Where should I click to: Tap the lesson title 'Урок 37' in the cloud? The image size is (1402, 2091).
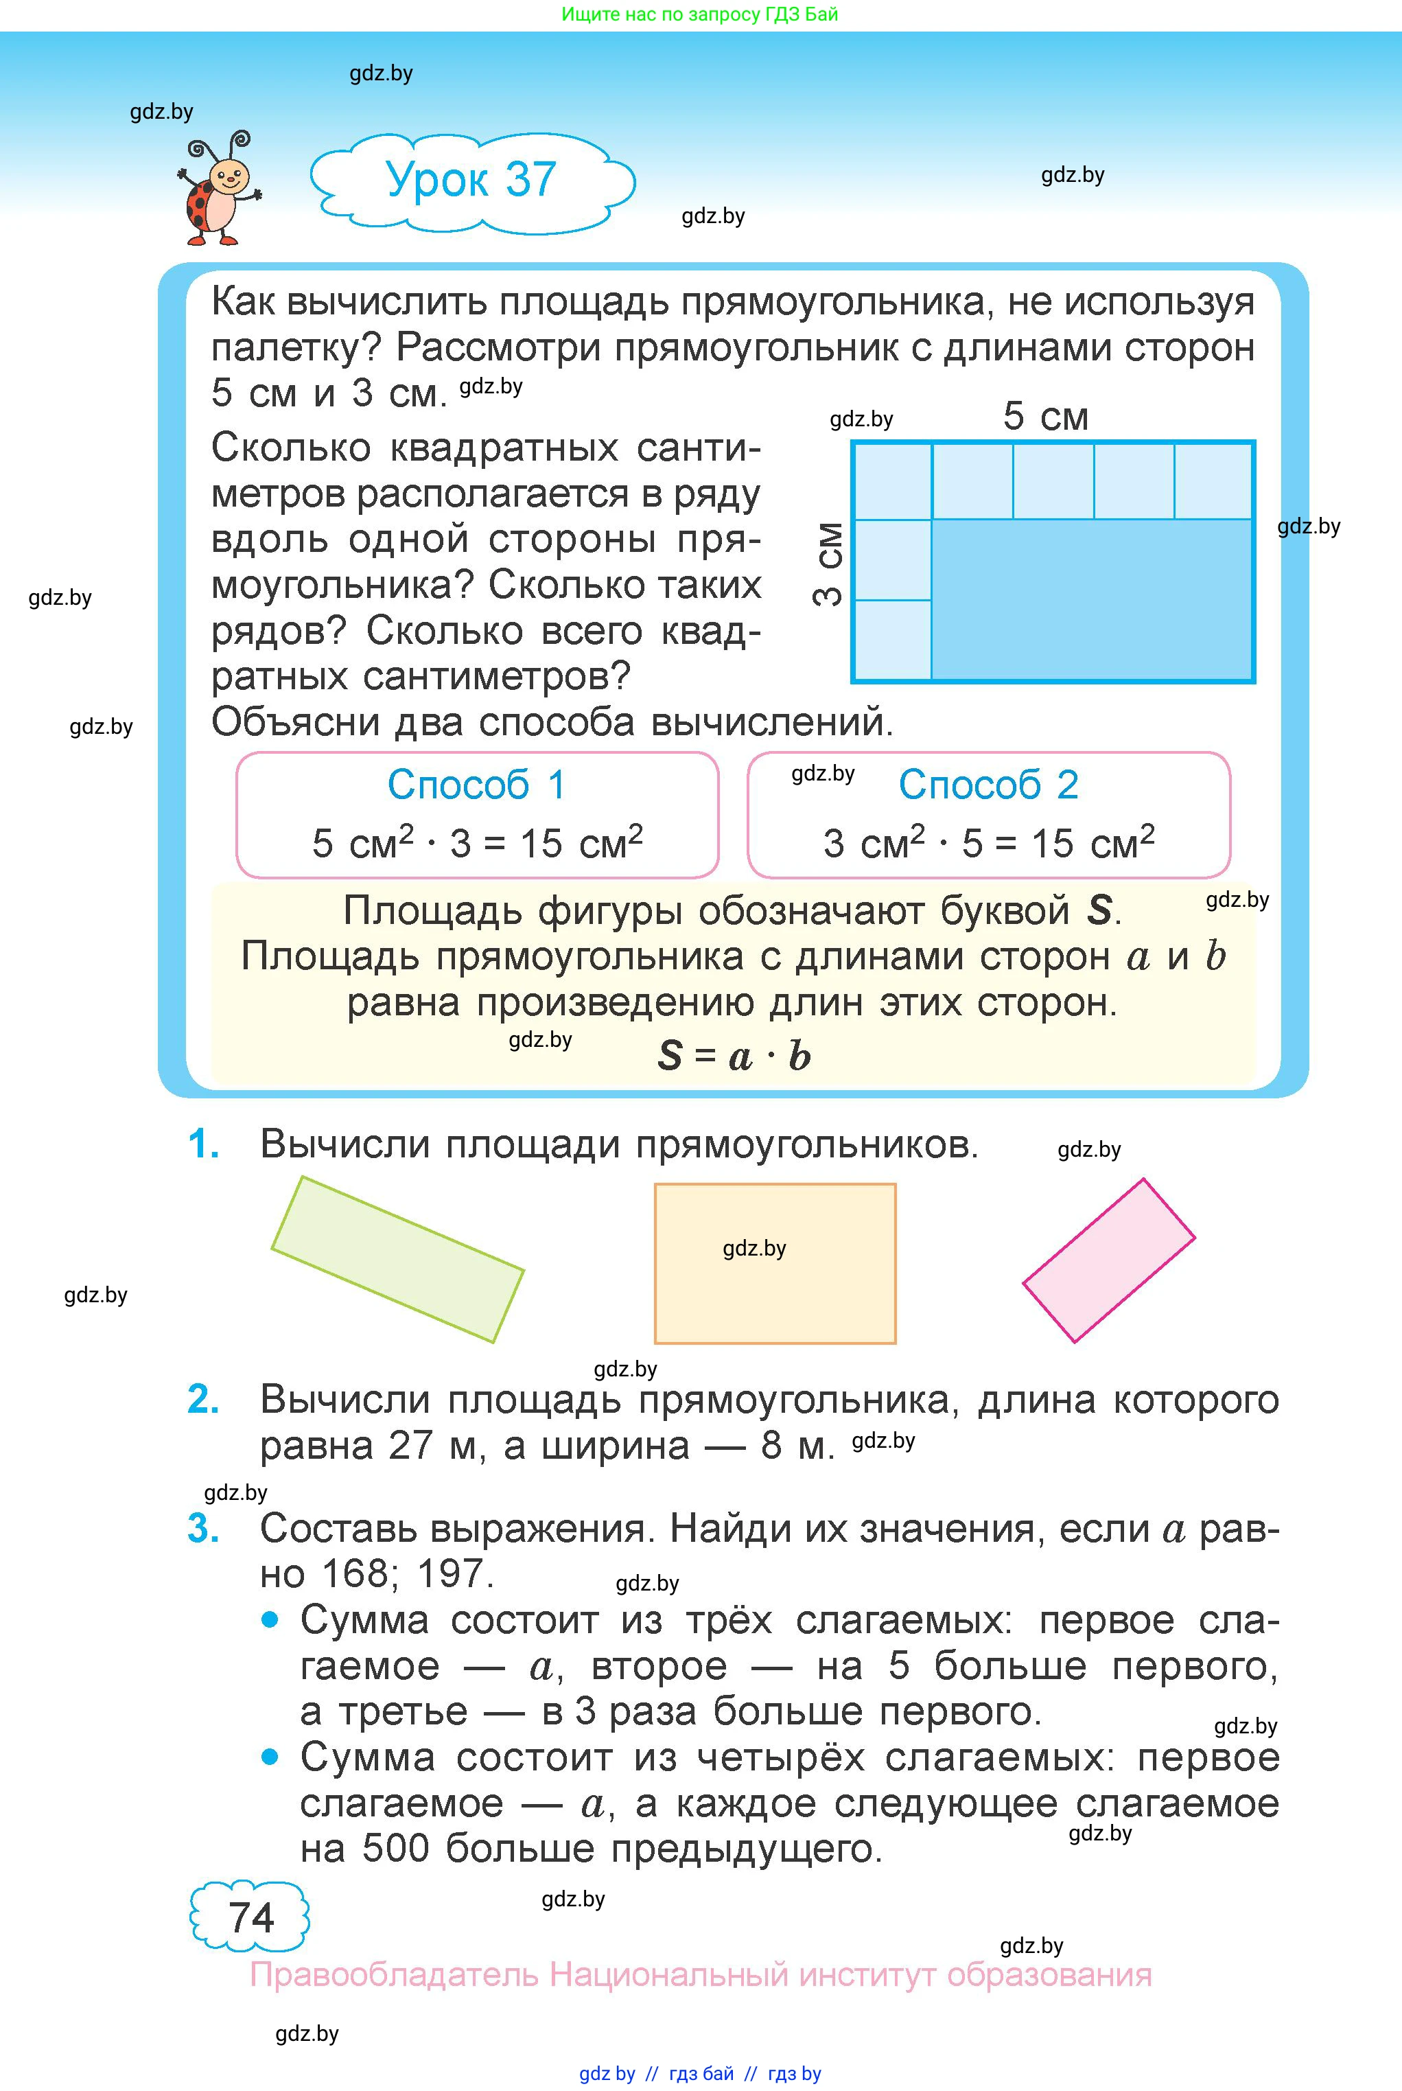[471, 180]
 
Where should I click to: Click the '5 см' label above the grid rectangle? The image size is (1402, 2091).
[1045, 417]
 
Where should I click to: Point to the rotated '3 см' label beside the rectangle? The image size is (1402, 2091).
[829, 564]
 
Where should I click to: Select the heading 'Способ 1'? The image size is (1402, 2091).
[476, 785]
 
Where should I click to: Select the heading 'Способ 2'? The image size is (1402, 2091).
[988, 785]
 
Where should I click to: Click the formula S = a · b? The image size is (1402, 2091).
[734, 1056]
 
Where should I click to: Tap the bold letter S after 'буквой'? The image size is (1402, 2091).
[1099, 912]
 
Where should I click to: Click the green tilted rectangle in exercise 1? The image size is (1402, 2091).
[397, 1259]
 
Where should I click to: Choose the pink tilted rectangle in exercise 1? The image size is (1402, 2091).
[1109, 1260]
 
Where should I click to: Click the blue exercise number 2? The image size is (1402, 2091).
[204, 1400]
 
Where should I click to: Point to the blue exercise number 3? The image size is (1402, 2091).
[204, 1529]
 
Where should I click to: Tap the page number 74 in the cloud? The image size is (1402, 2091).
[250, 1917]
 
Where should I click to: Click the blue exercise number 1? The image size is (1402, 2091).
[204, 1144]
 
